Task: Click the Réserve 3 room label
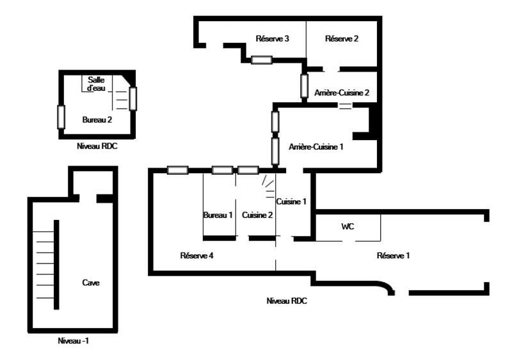click(x=273, y=39)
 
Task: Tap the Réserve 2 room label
click(x=342, y=39)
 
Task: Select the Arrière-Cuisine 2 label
click(x=342, y=93)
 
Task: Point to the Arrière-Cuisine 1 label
click(x=316, y=146)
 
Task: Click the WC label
click(x=348, y=226)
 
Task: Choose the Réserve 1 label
click(x=393, y=256)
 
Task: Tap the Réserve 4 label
click(x=196, y=256)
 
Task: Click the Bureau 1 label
click(x=218, y=215)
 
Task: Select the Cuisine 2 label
click(x=257, y=215)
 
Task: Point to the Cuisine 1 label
click(x=291, y=201)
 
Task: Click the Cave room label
click(x=91, y=282)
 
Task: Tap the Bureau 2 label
click(x=97, y=120)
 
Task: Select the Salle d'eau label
click(x=96, y=84)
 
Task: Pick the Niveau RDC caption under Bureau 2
click(x=97, y=146)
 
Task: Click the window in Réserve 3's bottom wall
click(x=261, y=60)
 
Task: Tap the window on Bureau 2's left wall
click(x=61, y=116)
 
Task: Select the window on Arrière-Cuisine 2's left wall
click(x=305, y=85)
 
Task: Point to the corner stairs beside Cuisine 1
click(x=269, y=185)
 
